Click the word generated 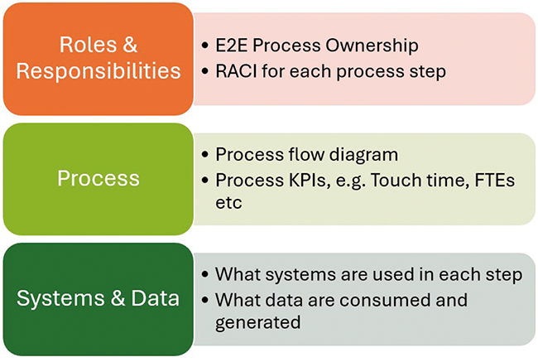(257, 322)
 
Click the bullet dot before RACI (204, 72)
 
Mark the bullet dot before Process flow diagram (204, 156)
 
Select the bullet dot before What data (204, 300)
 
